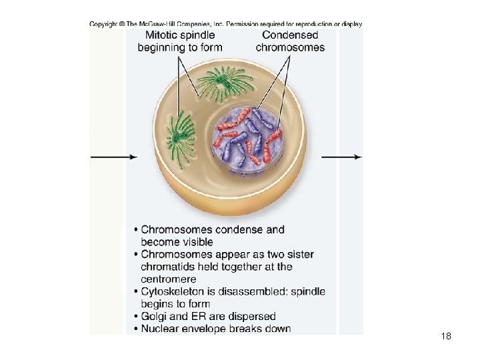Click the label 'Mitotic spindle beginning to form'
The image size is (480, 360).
(179, 41)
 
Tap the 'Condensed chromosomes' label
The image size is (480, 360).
(290, 41)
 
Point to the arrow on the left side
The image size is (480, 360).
(113, 157)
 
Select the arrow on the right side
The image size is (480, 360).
(341, 157)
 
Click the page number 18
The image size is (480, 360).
(446, 337)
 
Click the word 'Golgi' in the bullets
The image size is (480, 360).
(155, 316)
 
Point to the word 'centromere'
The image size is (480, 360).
(169, 279)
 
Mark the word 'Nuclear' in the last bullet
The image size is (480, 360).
(161, 329)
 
